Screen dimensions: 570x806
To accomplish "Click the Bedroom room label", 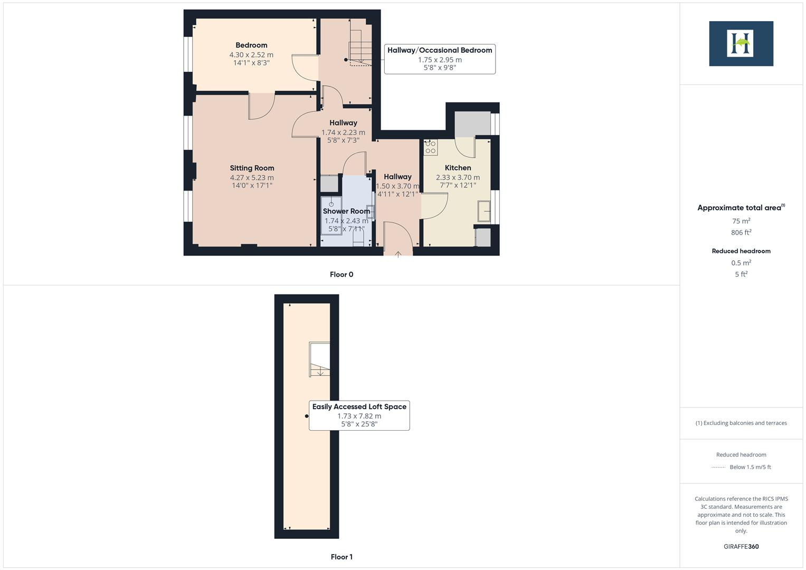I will click(x=251, y=45).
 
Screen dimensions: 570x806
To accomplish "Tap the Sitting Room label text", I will click(x=252, y=168).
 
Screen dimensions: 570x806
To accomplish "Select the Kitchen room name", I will click(x=458, y=168).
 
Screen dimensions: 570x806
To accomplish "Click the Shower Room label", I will click(x=346, y=211).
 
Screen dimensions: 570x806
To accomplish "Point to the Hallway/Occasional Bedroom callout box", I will click(x=440, y=59).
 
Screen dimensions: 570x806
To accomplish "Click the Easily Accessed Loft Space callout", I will click(x=359, y=415).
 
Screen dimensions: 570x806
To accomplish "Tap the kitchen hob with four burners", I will click(x=431, y=147).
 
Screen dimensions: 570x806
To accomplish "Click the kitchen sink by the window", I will click(x=484, y=211).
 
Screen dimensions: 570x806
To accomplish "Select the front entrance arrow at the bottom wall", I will click(x=398, y=254).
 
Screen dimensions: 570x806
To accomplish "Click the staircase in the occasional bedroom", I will click(x=359, y=47).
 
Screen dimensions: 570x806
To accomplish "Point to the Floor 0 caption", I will click(x=342, y=274).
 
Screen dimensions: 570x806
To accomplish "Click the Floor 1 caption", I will click(x=342, y=557).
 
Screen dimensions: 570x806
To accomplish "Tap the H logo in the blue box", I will click(x=741, y=43).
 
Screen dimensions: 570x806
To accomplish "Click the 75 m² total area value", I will click(x=741, y=221).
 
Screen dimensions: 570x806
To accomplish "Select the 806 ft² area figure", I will click(x=741, y=232).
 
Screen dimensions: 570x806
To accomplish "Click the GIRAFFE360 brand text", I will click(x=741, y=546).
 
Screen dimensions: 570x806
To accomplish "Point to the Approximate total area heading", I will click(x=741, y=208).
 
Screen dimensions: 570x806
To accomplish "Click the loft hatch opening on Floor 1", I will click(x=319, y=360).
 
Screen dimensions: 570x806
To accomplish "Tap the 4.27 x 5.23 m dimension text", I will click(x=252, y=177).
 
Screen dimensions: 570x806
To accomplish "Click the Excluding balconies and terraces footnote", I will click(x=741, y=423).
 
